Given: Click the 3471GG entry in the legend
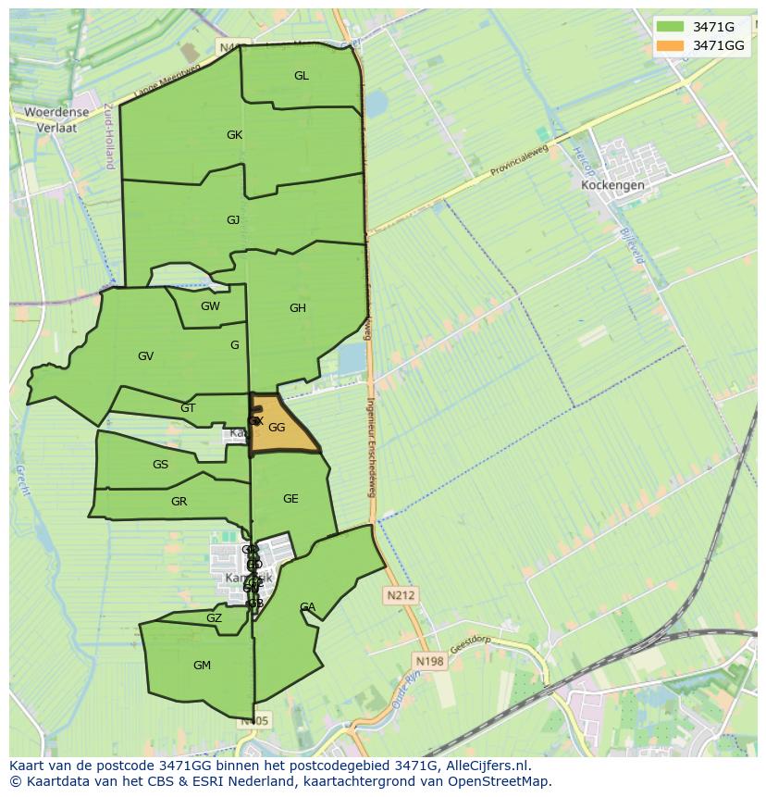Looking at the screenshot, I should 719,45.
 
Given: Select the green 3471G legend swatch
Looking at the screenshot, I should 671,27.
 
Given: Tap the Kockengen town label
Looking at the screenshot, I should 612,184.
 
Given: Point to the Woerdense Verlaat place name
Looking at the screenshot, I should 56,119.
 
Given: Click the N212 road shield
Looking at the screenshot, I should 402,595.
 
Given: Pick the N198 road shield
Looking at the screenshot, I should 429,661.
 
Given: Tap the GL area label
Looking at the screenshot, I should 302,76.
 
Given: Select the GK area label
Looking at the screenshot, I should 234,135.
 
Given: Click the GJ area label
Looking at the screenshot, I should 233,219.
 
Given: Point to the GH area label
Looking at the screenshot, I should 297,308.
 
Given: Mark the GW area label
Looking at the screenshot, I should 210,306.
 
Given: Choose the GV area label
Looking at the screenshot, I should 145,356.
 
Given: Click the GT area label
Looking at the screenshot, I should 188,408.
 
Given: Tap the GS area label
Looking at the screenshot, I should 160,465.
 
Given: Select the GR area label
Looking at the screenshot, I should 179,502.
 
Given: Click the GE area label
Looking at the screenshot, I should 290,499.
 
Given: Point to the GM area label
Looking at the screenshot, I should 202,666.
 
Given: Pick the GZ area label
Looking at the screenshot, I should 214,618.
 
